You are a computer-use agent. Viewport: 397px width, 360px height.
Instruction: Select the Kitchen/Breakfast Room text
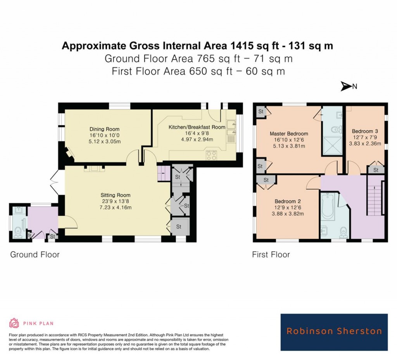pos(197,127)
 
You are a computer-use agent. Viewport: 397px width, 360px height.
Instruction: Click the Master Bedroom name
pos(289,133)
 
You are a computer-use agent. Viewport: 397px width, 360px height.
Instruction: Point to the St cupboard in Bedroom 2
pos(266,180)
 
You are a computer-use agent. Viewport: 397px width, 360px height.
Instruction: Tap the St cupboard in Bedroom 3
pos(376,170)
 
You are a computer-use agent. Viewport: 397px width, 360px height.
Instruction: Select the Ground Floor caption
pos(35,254)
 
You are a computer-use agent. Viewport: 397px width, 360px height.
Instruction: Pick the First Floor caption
pos(271,254)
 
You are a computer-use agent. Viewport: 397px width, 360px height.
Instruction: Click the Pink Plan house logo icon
pos(14,323)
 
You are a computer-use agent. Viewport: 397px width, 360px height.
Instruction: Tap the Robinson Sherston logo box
pos(334,332)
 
